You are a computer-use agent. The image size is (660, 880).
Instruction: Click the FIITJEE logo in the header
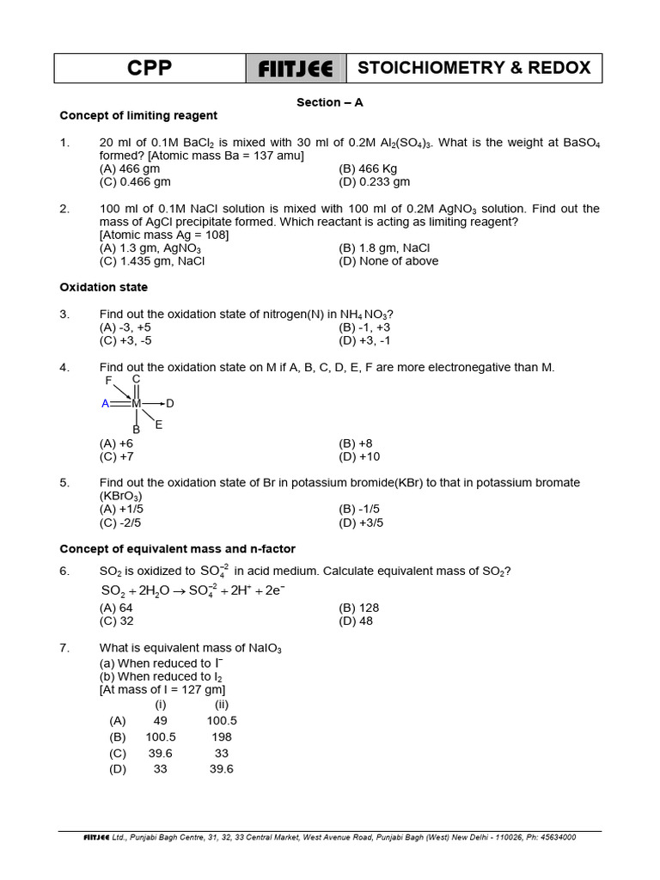pos(296,69)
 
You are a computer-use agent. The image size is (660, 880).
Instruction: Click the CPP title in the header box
pos(150,69)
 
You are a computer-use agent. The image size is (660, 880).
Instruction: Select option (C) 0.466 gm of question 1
pos(135,181)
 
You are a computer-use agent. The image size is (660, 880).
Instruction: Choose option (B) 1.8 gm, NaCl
pos(384,248)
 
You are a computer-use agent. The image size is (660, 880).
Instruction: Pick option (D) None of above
pos(388,261)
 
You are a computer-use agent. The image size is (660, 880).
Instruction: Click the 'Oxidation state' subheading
pos(103,287)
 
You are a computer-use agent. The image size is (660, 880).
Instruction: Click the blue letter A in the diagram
pos(105,403)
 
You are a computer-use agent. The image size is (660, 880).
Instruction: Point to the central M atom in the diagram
pos(136,403)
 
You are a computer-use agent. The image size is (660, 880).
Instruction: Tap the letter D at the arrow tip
pos(170,403)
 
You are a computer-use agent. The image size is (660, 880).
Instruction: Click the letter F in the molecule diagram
pos(109,381)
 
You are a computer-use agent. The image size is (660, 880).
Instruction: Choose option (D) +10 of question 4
pos(359,456)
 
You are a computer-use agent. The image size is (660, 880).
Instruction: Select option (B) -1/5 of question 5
pos(359,509)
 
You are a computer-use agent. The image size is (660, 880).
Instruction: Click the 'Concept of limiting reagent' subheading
pos(138,115)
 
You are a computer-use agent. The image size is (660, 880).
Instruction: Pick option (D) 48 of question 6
pos(356,620)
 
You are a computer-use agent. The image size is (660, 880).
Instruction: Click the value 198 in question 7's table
pos(222,736)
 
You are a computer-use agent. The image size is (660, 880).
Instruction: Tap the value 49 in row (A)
pos(160,721)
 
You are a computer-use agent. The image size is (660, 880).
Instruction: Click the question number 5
pos(64,483)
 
